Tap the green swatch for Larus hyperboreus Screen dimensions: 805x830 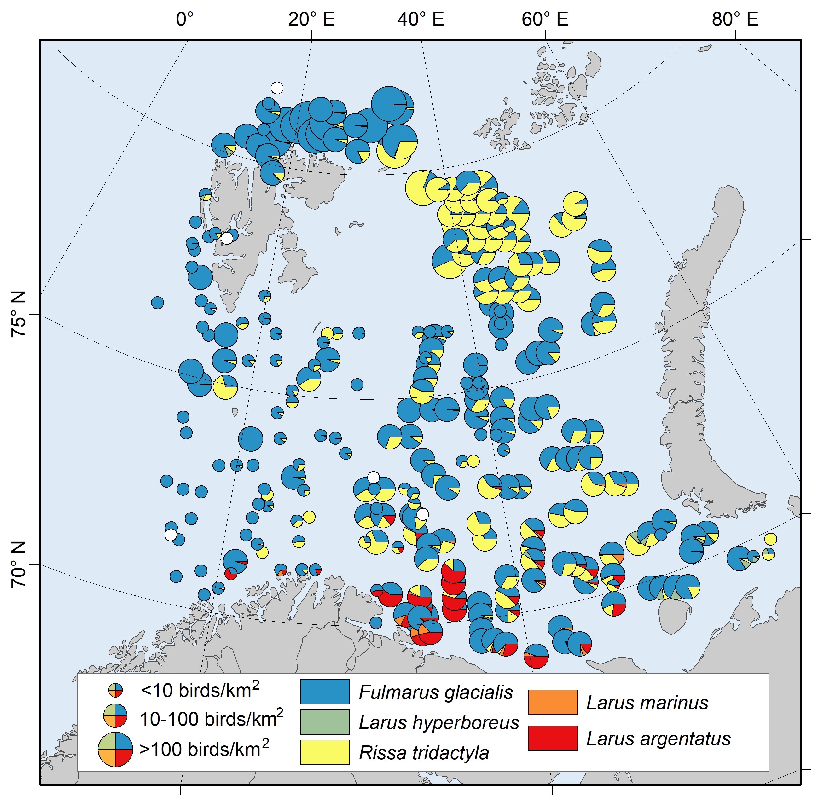click(325, 721)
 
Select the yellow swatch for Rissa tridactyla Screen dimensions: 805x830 click(325, 752)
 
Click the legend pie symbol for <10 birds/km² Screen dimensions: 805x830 click(115, 691)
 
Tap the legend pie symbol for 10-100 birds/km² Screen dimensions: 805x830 click(115, 716)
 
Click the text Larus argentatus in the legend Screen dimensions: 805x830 click(659, 738)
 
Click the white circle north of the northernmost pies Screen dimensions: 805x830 click(277, 88)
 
